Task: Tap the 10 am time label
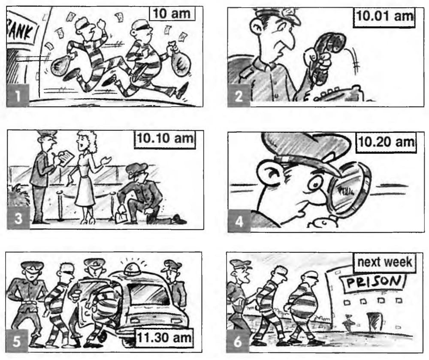pos(172,14)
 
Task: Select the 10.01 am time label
pos(384,17)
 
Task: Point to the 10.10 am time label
pos(165,139)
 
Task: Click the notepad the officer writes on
pos(66,158)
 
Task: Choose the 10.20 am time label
pos(386,142)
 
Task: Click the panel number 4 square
pos(239,221)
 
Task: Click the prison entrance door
pos(374,321)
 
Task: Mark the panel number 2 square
pos(239,96)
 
